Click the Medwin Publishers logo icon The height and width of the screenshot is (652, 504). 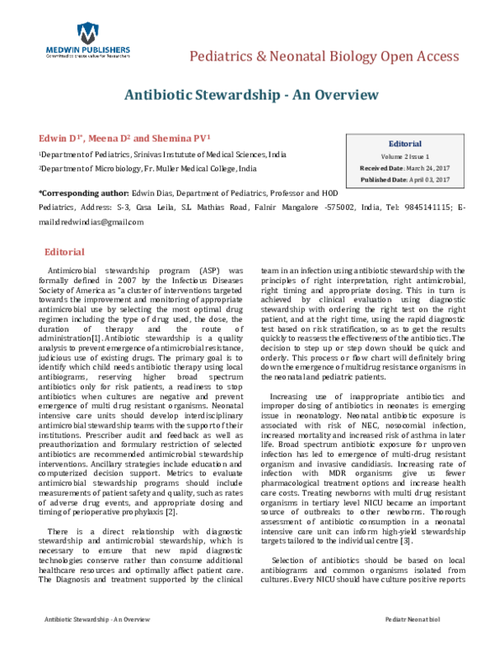click(x=86, y=33)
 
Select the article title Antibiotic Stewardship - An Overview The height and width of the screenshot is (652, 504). click(x=251, y=94)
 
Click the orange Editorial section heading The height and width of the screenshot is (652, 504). click(x=64, y=252)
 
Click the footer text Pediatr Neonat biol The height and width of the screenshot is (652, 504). click(x=437, y=641)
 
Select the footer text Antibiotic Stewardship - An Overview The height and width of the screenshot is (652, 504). click(x=87, y=641)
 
